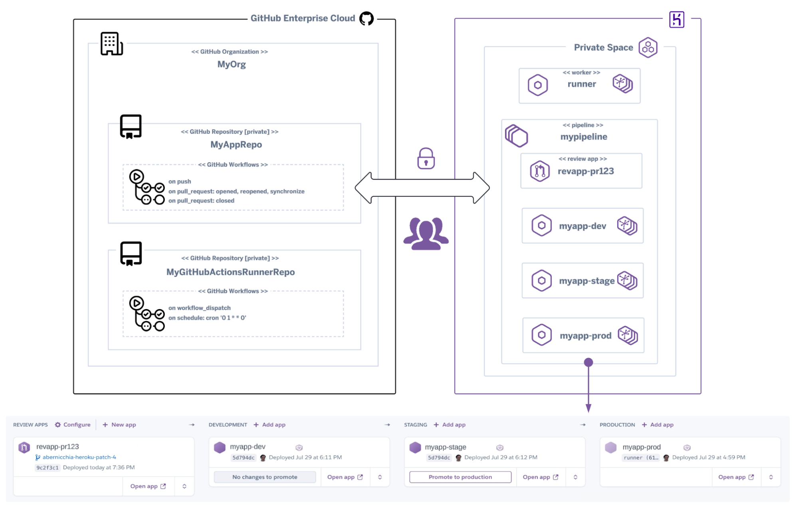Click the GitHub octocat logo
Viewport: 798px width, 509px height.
[366, 18]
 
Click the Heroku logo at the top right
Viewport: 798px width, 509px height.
[676, 20]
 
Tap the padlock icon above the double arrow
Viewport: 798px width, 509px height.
[426, 159]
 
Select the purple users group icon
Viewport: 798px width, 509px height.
[426, 234]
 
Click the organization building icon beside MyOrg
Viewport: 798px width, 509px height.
[111, 44]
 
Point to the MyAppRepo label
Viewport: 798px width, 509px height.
[236, 145]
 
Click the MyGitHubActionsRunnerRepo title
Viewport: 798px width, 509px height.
[230, 272]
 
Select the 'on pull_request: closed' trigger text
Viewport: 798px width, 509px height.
[201, 201]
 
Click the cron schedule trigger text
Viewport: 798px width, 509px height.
[207, 318]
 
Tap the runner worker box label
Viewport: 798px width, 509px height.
[581, 84]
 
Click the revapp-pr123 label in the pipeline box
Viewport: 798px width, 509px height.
[585, 171]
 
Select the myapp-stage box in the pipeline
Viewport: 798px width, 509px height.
[582, 281]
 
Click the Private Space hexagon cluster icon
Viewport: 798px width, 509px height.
[648, 48]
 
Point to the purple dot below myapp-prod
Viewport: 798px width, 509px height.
[588, 362]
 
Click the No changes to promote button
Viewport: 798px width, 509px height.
[265, 477]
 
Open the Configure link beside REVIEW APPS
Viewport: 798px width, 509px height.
[73, 425]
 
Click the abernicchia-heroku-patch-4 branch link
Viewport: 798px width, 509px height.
[79, 457]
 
